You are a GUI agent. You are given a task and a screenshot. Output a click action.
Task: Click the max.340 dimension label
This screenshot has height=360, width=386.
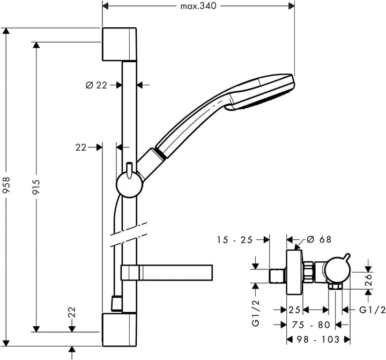(x=198, y=6)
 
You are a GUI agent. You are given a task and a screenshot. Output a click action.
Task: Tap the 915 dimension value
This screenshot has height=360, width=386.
(x=36, y=188)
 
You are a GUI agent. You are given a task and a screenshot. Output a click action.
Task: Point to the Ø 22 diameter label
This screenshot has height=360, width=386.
(x=96, y=85)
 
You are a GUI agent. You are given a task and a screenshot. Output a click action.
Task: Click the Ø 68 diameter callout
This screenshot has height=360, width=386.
(x=320, y=239)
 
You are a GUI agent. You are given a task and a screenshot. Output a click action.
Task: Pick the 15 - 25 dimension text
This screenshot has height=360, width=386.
(x=235, y=240)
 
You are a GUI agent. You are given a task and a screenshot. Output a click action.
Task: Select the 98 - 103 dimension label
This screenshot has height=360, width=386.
(x=318, y=340)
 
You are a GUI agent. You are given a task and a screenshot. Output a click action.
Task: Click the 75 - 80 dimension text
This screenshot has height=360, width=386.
(x=310, y=325)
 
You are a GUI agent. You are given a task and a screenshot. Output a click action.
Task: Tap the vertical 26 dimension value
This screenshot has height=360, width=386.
(x=368, y=279)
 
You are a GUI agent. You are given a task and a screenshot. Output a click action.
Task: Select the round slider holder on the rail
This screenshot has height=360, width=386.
(x=129, y=185)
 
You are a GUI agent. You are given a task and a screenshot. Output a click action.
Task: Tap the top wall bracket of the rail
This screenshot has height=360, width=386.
(x=119, y=45)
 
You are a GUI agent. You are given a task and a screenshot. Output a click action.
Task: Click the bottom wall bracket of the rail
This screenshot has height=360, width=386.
(x=119, y=329)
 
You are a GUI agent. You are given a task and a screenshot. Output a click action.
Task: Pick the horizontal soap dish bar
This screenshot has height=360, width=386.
(x=167, y=273)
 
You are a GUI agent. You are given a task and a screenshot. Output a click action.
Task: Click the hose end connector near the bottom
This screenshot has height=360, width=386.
(x=116, y=303)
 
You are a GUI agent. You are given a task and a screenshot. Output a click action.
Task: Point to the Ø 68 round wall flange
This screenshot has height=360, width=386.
(x=295, y=272)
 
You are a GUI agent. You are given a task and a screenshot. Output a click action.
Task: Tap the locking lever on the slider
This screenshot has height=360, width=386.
(x=129, y=170)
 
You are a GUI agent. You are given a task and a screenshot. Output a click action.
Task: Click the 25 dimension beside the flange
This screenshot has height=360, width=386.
(x=294, y=310)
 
